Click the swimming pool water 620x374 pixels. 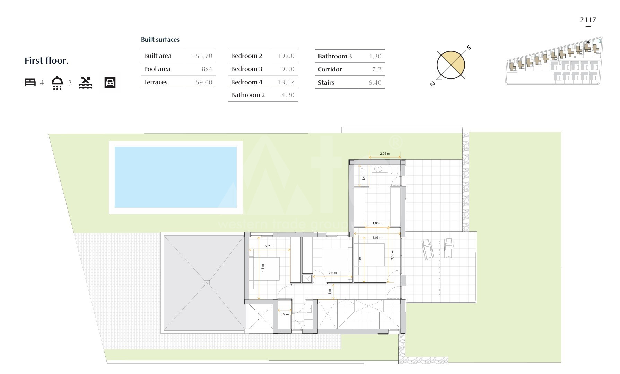176,177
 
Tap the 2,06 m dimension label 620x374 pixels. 385,154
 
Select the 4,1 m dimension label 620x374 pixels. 263,268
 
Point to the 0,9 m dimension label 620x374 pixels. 285,314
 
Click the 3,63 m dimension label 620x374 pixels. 392,255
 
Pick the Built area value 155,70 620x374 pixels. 202,56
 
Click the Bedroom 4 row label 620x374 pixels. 246,82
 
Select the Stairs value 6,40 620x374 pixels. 375,83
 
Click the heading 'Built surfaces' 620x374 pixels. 160,40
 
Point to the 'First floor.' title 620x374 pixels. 46,61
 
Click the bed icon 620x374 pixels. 30,83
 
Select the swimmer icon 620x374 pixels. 85,83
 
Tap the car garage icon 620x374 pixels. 110,83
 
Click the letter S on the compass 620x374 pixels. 469,48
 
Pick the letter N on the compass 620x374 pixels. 433,84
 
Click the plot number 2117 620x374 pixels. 588,20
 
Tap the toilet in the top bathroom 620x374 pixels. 394,170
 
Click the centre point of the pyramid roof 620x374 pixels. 207,283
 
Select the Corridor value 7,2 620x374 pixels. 377,69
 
